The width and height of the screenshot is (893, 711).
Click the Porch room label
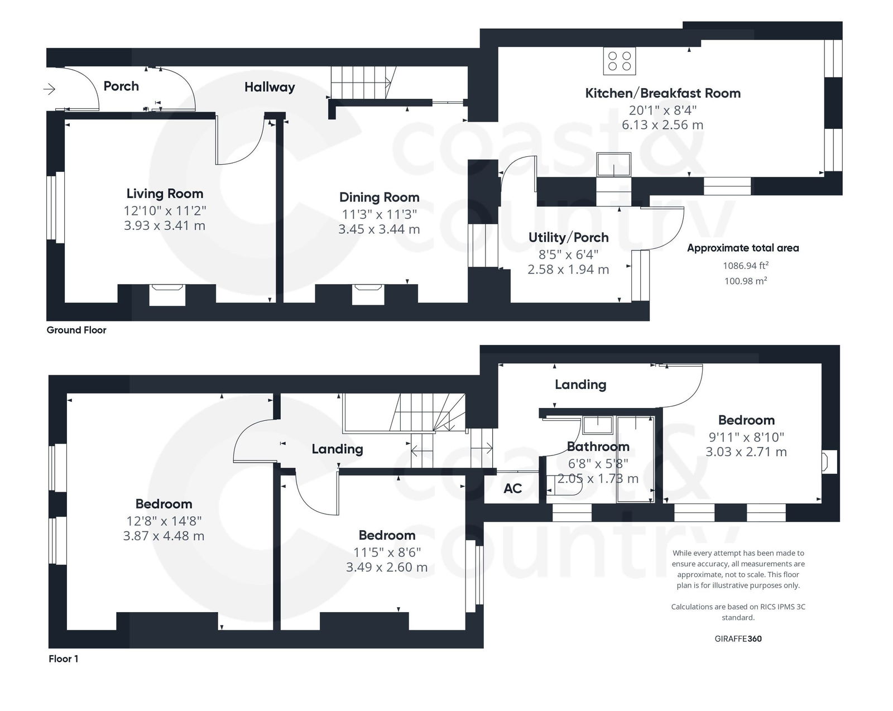[121, 86]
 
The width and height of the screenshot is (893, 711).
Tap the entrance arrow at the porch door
[50, 89]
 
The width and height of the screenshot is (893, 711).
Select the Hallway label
[270, 87]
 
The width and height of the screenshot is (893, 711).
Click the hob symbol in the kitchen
[619, 61]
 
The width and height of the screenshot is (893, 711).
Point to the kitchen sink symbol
[613, 165]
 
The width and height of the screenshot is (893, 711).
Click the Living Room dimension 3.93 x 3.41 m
[165, 226]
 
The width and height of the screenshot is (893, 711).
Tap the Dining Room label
[379, 197]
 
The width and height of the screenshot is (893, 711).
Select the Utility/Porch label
[568, 238]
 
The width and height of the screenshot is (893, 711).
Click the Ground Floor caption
[76, 330]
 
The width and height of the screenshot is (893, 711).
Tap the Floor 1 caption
[64, 659]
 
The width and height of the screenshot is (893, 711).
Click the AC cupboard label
[512, 489]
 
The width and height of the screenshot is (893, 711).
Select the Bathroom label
[598, 446]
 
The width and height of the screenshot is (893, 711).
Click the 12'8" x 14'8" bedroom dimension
[164, 521]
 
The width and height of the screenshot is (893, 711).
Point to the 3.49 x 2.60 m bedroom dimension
[387, 568]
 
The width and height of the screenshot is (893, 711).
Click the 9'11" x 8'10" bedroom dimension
[746, 437]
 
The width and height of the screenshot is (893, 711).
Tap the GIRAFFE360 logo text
[738, 638]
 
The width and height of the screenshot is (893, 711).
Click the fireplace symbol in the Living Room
[167, 294]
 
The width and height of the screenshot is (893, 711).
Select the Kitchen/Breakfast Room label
[662, 93]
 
